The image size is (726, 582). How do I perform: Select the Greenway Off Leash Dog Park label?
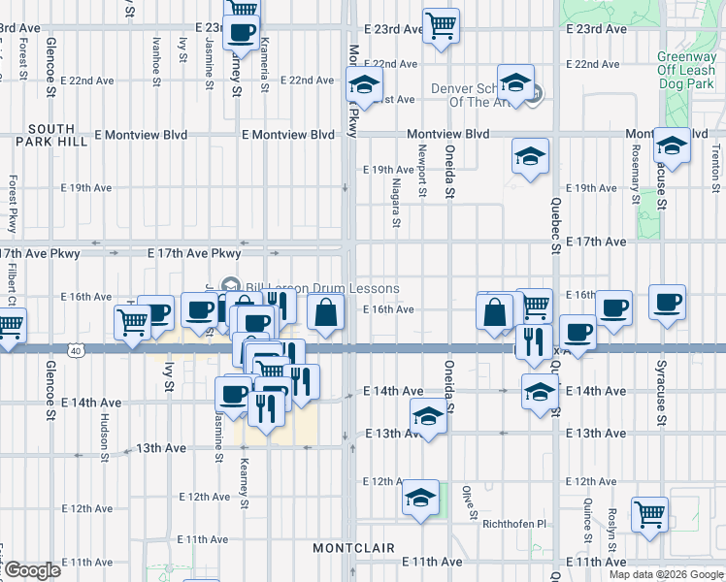tap(686, 70)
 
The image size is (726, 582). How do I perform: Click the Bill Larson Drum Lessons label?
tap(322, 288)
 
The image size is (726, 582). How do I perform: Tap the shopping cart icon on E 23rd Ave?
tap(442, 26)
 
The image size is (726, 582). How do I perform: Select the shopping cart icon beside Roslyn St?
tap(649, 515)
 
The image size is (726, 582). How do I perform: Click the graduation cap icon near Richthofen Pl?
tap(419, 499)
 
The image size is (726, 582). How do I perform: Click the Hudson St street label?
tap(104, 433)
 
